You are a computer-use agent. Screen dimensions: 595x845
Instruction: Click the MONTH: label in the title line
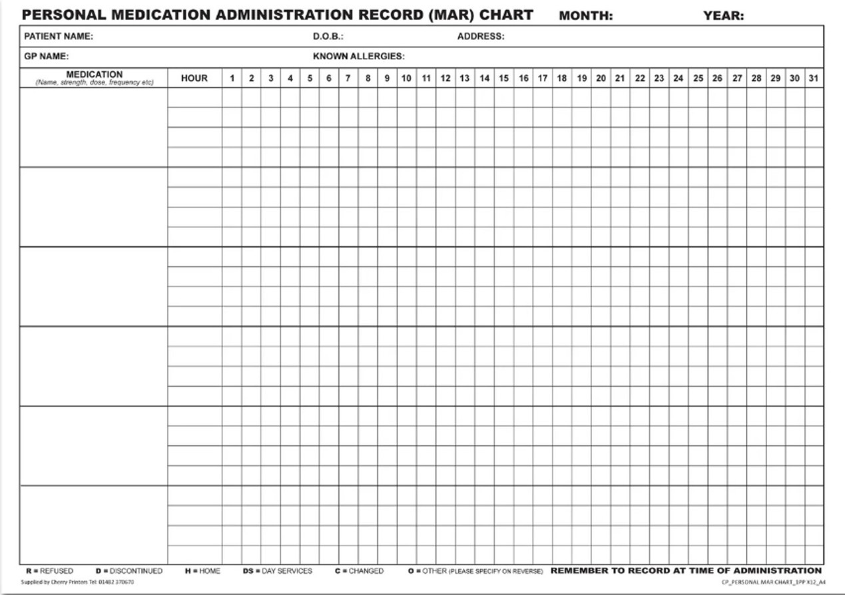point(585,16)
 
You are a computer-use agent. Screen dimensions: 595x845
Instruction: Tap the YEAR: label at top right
point(723,16)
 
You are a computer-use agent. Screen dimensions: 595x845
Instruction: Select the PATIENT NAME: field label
point(59,37)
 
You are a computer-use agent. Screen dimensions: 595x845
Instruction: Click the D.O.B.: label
point(328,37)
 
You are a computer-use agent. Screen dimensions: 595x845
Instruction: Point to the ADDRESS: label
point(480,37)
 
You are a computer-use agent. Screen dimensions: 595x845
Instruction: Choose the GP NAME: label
point(46,57)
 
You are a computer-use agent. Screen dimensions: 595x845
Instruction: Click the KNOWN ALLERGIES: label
point(358,57)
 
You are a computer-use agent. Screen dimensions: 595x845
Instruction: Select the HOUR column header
point(194,79)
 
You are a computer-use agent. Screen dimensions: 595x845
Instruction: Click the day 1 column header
point(232,79)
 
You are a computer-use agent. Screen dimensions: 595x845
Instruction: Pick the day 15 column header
point(503,79)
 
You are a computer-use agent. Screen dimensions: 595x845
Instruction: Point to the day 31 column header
point(813,79)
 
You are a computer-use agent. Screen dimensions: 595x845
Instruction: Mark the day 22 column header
point(639,79)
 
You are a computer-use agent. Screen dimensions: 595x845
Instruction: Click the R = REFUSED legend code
point(49,571)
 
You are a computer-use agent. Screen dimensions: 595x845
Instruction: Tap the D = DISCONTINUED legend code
point(129,571)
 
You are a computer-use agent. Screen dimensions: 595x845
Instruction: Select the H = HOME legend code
point(202,571)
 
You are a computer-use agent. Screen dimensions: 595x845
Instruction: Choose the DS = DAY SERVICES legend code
point(278,571)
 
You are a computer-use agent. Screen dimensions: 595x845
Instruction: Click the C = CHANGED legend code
point(360,571)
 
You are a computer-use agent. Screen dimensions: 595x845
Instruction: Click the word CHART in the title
point(508,15)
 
